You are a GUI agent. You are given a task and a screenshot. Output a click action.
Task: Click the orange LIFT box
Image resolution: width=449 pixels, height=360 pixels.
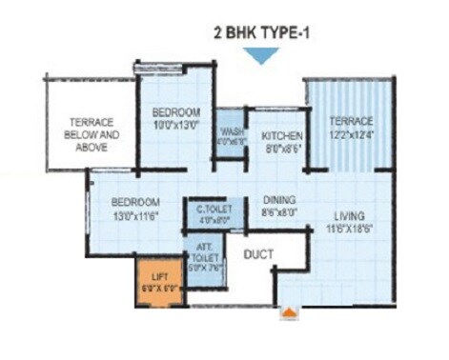(x=156, y=282)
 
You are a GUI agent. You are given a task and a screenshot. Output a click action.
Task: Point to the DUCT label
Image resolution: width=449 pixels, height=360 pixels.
(x=259, y=254)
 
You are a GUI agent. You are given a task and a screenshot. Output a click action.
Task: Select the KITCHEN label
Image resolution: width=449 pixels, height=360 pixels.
(x=282, y=136)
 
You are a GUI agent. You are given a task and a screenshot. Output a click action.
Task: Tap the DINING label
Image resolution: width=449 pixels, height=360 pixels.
(x=279, y=200)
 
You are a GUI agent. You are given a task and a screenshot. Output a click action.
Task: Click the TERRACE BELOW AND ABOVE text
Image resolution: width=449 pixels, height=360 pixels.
(x=92, y=134)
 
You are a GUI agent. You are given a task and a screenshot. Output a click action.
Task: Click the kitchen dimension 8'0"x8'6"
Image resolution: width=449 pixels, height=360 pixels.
(x=282, y=149)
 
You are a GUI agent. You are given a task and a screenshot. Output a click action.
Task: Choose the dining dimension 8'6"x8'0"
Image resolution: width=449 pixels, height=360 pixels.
(x=279, y=213)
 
